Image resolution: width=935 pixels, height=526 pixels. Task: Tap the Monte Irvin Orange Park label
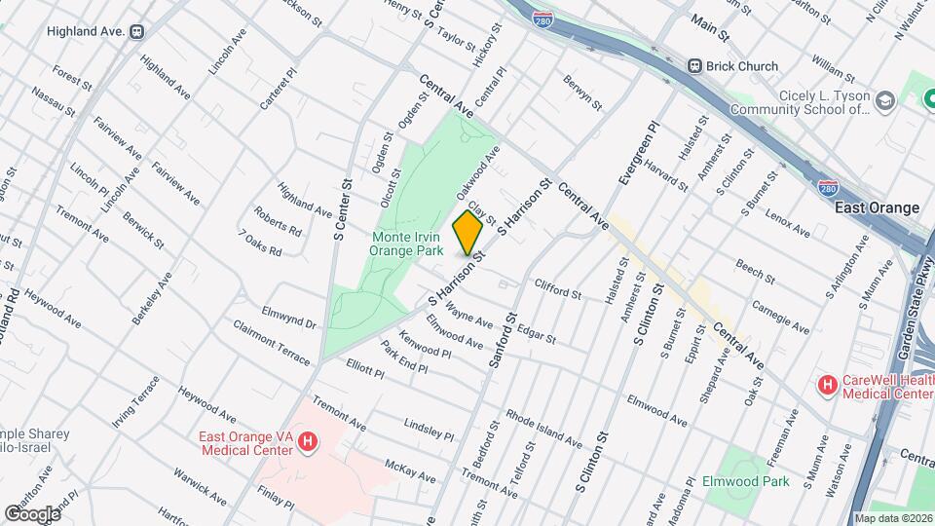coord(405,243)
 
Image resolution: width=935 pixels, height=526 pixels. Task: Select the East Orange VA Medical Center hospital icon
coord(308,443)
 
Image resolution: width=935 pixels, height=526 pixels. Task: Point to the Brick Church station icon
coord(694,66)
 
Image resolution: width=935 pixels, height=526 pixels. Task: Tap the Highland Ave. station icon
coord(137,31)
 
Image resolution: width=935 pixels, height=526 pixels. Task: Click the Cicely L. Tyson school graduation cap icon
coord(884,100)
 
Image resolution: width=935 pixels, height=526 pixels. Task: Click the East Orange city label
coord(877,208)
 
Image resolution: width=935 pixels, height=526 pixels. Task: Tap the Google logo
coord(32,513)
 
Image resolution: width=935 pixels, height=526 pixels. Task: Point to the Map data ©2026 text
coord(892,518)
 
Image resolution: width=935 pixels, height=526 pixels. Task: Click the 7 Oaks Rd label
coord(260,244)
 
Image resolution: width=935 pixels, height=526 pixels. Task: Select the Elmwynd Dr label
coord(289,318)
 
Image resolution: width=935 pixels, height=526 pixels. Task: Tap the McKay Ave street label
coord(409,471)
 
